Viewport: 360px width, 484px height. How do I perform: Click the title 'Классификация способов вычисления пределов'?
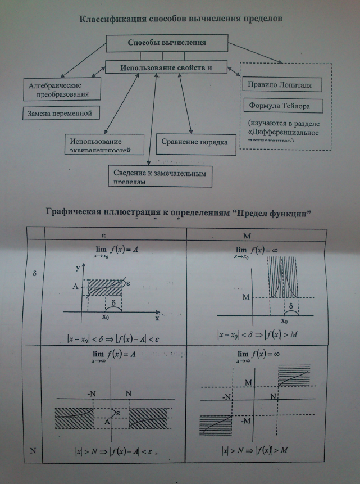tap(181, 18)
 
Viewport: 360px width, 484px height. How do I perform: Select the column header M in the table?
tap(248, 234)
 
